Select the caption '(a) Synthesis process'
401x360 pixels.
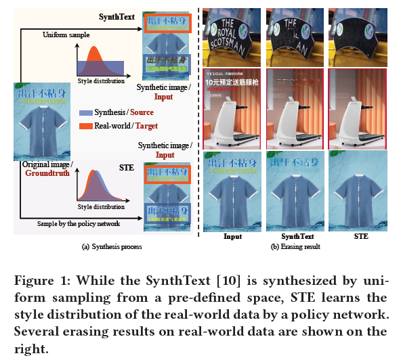pyautogui.click(x=111, y=247)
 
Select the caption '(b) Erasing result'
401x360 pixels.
pyautogui.click(x=296, y=247)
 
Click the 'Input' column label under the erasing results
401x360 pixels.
pyautogui.click(x=233, y=237)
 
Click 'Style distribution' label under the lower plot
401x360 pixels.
pyautogui.click(x=101, y=206)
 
